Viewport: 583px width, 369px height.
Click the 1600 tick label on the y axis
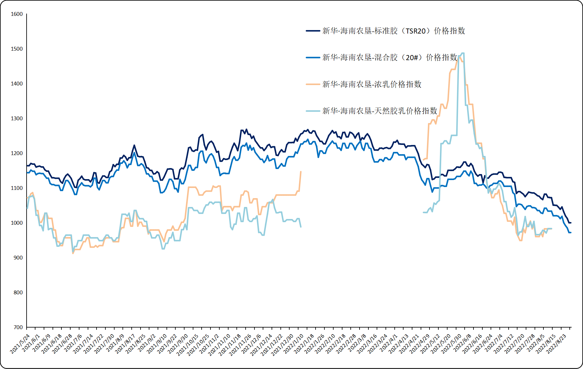tap(17, 14)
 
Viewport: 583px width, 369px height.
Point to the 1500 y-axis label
tap(17, 49)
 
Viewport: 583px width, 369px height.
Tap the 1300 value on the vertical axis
tap(17, 119)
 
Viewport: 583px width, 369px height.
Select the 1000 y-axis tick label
tap(17, 223)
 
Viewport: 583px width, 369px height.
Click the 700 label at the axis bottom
tap(18, 328)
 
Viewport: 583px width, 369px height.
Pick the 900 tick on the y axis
tap(18, 258)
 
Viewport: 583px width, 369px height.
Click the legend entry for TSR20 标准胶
tap(393, 31)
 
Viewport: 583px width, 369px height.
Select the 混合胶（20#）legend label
tap(390, 58)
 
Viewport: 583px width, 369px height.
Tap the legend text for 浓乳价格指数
tap(372, 84)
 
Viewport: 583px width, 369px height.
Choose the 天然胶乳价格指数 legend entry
tap(379, 111)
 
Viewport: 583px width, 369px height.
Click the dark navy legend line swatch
tap(313, 31)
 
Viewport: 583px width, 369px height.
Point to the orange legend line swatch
tap(313, 84)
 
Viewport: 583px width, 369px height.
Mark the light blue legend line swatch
tap(313, 111)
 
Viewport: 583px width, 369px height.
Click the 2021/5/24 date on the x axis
tap(20, 344)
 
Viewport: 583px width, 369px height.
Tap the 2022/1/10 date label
tap(293, 344)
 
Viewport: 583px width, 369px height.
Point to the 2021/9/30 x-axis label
tap(178, 344)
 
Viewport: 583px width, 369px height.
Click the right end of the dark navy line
tap(571, 223)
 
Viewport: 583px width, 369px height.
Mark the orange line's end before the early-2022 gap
tap(301, 172)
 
